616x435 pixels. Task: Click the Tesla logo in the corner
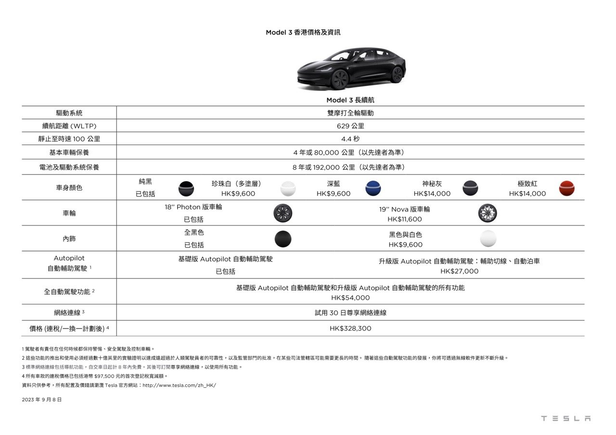(x=565, y=419)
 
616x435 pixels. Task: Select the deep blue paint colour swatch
(x=373, y=188)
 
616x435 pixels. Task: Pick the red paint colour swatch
(x=567, y=188)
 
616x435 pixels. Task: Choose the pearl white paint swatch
(x=288, y=188)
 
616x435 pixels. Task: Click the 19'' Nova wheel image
(x=488, y=213)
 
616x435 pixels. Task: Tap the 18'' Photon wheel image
(x=282, y=213)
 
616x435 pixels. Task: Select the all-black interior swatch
(x=283, y=239)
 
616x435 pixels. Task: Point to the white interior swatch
(x=488, y=239)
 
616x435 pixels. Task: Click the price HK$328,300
(x=350, y=329)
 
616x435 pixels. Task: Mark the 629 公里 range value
(x=350, y=126)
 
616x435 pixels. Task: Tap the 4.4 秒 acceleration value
(x=350, y=139)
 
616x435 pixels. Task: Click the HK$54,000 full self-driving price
(x=350, y=298)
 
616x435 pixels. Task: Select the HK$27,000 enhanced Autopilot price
(x=459, y=272)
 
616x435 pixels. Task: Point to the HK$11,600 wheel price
(x=405, y=220)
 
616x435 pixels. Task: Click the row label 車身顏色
(x=69, y=188)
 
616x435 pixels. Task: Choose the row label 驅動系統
(x=69, y=113)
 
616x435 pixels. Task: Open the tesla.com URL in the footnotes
(x=180, y=385)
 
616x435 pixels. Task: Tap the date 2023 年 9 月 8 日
(x=42, y=400)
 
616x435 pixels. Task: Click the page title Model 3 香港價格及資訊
(x=303, y=32)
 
